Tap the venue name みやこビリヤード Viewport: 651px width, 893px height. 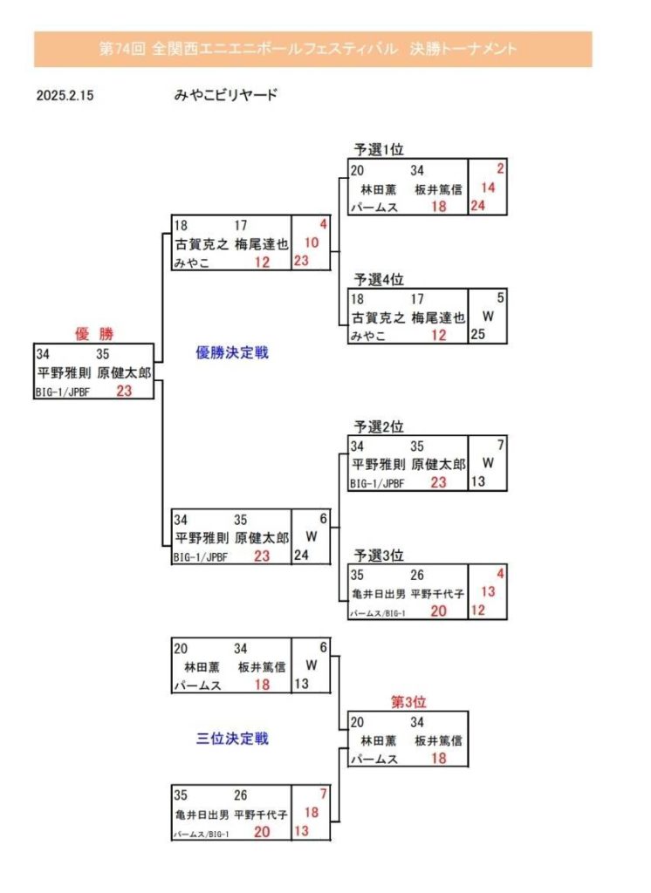coord(225,95)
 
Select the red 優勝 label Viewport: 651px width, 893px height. coord(95,333)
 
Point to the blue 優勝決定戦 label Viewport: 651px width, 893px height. coord(232,353)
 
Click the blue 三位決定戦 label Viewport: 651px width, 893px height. coord(232,739)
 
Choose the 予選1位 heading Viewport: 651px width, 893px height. coord(378,149)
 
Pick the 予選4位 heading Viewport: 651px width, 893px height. coord(378,279)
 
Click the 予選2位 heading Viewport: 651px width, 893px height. coord(378,426)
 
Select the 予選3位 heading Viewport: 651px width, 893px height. coord(378,555)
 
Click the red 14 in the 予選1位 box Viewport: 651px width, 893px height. coord(488,187)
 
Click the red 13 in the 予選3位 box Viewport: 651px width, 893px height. coord(488,592)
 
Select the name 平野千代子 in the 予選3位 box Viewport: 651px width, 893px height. coord(436,594)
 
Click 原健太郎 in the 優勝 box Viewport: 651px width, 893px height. coord(126,372)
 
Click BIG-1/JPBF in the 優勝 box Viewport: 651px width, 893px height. coord(63,392)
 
